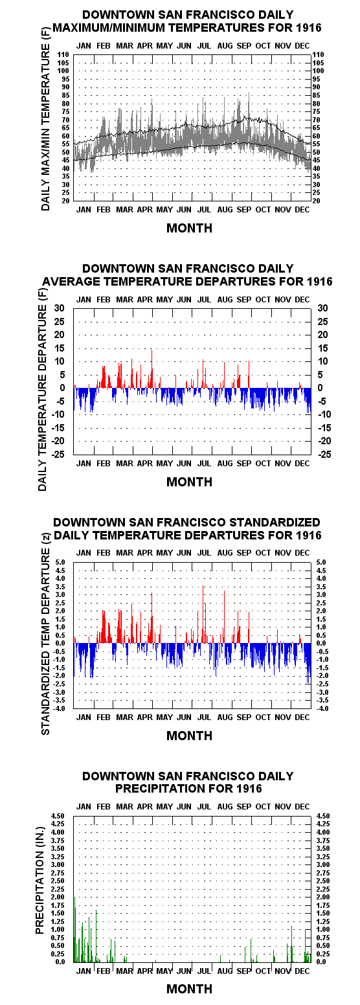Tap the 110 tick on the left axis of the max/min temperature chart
click(x=63, y=55)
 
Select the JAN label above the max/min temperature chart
click(x=84, y=45)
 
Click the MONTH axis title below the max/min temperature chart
click(x=189, y=228)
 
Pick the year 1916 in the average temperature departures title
click(x=320, y=281)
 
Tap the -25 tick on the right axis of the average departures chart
click(x=324, y=455)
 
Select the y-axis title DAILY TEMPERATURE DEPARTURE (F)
click(x=43, y=389)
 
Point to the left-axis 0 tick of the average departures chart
click(x=62, y=388)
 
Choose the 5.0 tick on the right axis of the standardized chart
click(x=321, y=562)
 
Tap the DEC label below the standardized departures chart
click(x=302, y=717)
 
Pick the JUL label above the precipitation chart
click(x=204, y=807)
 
